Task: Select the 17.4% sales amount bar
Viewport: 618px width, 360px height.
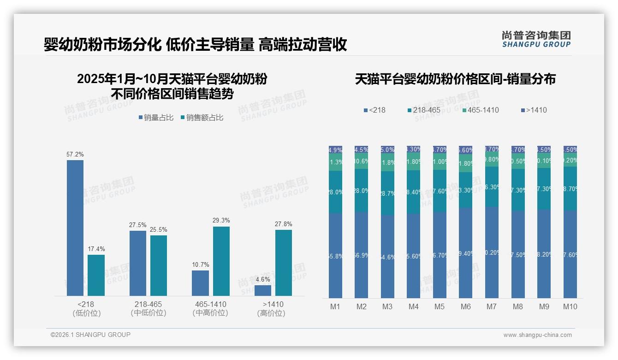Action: click(96, 275)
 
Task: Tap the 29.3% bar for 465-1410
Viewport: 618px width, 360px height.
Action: click(221, 261)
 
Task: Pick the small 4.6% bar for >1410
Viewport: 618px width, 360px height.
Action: click(263, 290)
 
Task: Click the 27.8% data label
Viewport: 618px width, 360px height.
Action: click(283, 224)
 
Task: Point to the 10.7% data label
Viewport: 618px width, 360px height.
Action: click(200, 265)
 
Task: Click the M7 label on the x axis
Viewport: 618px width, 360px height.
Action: click(491, 307)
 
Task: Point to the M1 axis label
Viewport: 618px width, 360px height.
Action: click(335, 307)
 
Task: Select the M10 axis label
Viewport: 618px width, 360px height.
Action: click(570, 307)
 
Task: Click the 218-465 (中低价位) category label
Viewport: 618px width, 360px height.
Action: click(148, 309)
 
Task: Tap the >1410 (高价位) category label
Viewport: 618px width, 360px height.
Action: click(273, 309)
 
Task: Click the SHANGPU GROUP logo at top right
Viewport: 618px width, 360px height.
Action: click(536, 39)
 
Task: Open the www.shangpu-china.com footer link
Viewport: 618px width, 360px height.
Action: click(537, 335)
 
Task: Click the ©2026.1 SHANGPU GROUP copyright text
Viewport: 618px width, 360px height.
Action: click(90, 335)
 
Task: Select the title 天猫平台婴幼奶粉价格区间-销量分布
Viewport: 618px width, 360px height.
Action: click(455, 79)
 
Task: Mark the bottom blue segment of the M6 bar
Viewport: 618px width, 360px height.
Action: click(466, 253)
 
